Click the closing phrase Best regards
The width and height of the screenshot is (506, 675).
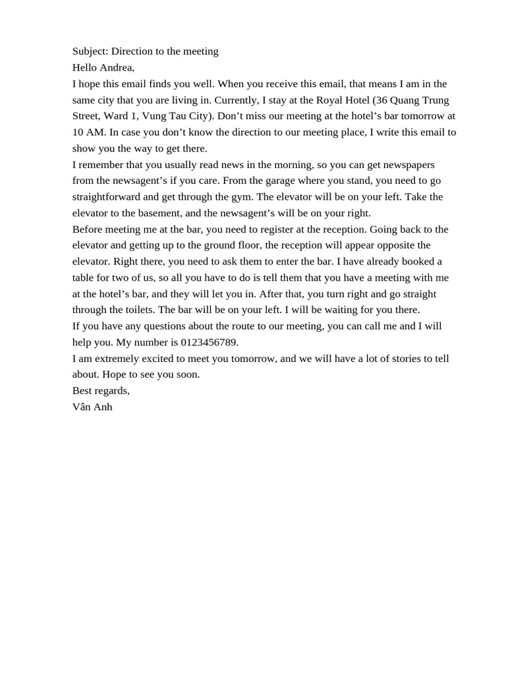tap(101, 391)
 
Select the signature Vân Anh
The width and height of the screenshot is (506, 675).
tap(92, 407)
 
